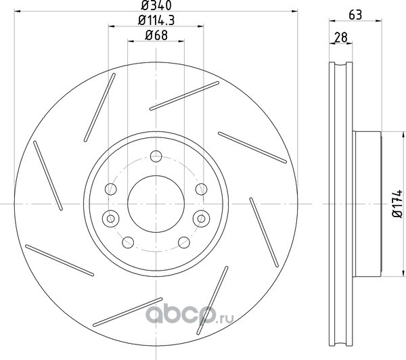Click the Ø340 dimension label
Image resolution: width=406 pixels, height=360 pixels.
click(156, 5)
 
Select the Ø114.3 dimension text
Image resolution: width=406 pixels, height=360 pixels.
click(156, 20)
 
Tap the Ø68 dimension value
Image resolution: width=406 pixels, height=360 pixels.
click(156, 35)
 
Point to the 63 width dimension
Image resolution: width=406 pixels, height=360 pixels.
click(355, 15)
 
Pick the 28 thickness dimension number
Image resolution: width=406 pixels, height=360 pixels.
click(340, 37)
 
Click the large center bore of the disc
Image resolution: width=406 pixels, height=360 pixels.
click(156, 204)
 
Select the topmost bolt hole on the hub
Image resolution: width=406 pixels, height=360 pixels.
click(156, 156)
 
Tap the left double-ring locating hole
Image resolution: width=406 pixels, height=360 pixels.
click(111, 219)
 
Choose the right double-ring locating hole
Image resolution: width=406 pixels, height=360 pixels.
click(201, 219)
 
